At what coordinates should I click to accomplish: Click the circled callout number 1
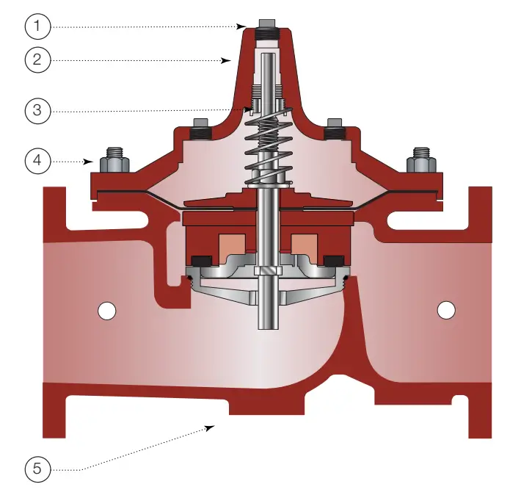[x=37, y=27]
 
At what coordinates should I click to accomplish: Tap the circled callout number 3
[x=37, y=112]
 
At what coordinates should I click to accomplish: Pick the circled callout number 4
[x=37, y=160]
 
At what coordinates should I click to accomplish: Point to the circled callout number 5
[x=37, y=469]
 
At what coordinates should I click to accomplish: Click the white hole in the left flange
[x=107, y=311]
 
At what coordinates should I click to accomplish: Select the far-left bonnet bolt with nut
[x=114, y=160]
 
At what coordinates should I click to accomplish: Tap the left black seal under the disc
[x=199, y=260]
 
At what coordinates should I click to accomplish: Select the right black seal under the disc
[x=334, y=260]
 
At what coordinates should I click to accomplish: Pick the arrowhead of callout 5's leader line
[x=214, y=425]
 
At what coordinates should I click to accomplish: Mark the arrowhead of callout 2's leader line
[x=229, y=61]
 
